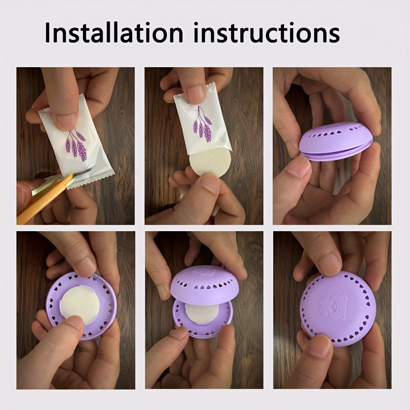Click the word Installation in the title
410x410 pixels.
point(113,32)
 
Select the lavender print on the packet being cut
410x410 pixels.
point(76,143)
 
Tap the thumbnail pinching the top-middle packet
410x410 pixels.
point(195,94)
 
